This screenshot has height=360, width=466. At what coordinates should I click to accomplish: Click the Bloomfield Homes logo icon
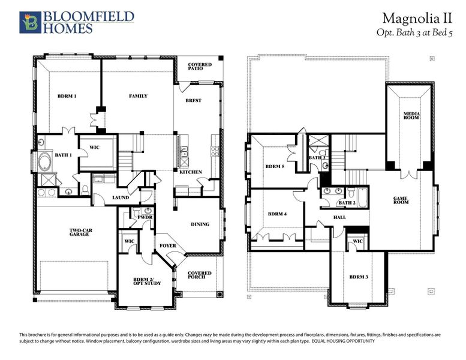tap(28, 22)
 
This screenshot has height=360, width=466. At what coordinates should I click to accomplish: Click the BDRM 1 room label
tap(67, 96)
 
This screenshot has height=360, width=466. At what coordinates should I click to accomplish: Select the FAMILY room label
tap(138, 96)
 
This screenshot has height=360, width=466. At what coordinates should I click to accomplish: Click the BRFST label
tap(194, 101)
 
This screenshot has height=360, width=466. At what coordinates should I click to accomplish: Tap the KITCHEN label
tap(191, 172)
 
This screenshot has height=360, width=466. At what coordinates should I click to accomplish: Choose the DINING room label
tap(200, 224)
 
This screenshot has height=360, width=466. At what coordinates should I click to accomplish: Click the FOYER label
tap(167, 246)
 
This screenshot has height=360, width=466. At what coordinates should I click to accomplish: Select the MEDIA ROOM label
tap(411, 115)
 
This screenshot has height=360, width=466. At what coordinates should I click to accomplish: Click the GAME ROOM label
tap(400, 200)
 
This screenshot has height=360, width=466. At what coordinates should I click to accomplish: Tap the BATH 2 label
tap(347, 203)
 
